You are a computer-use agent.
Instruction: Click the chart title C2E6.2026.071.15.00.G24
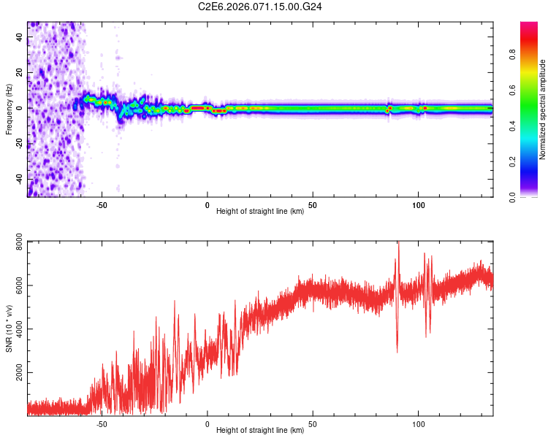point(260,7)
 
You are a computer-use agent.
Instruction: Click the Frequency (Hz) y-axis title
point(9,109)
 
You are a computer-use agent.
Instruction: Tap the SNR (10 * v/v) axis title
point(9,328)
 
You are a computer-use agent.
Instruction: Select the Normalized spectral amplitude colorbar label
point(542,109)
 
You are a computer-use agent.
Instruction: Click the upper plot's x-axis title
point(260,212)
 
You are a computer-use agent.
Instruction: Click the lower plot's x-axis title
point(260,430)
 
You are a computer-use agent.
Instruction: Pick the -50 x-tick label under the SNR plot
point(102,423)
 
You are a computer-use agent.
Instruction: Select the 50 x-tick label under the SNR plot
point(313,423)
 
